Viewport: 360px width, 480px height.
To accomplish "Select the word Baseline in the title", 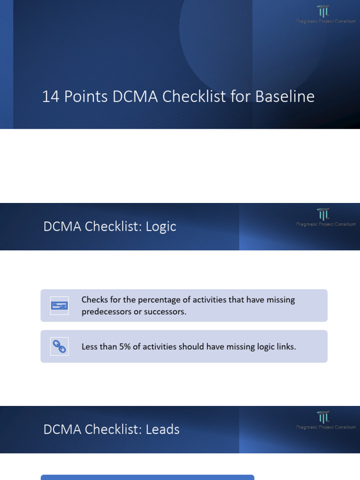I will coord(285,97).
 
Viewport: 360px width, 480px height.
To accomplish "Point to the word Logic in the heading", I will coord(161,226).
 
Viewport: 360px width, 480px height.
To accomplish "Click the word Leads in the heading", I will coord(163,429).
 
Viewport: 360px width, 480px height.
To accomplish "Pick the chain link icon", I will coord(60,346).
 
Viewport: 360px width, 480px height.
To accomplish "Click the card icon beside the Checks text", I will coord(60,306).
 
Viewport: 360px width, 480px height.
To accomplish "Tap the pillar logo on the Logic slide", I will coord(323,214).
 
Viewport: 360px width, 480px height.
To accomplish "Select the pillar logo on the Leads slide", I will coord(323,417).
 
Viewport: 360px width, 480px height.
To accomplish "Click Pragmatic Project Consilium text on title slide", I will coord(326,21).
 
